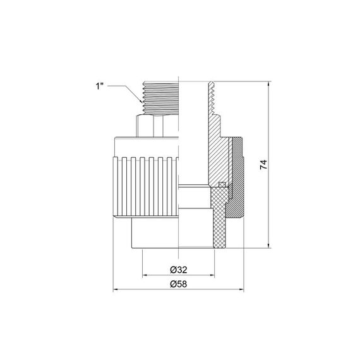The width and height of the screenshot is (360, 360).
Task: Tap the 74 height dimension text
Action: click(264, 165)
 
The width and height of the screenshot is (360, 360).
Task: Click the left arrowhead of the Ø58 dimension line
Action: click(116, 291)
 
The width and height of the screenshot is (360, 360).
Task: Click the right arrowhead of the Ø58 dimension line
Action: click(243, 291)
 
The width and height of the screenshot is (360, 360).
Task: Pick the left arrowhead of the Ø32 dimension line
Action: click(145, 275)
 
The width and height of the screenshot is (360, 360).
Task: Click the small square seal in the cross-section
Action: click(221, 185)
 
